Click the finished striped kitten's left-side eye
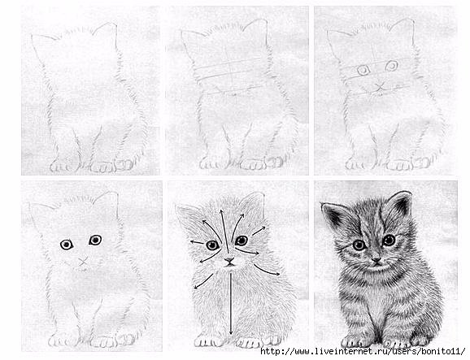(x=358, y=244)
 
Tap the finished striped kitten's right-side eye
(x=389, y=240)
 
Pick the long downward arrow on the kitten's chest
(x=232, y=301)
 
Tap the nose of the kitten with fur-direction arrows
(x=229, y=261)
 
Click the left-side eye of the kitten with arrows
(x=211, y=245)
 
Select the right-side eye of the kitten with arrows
(x=242, y=240)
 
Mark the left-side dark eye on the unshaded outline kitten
(x=65, y=244)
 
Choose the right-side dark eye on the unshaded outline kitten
(x=95, y=240)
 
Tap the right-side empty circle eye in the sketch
(x=391, y=65)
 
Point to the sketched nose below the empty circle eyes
(x=378, y=85)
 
